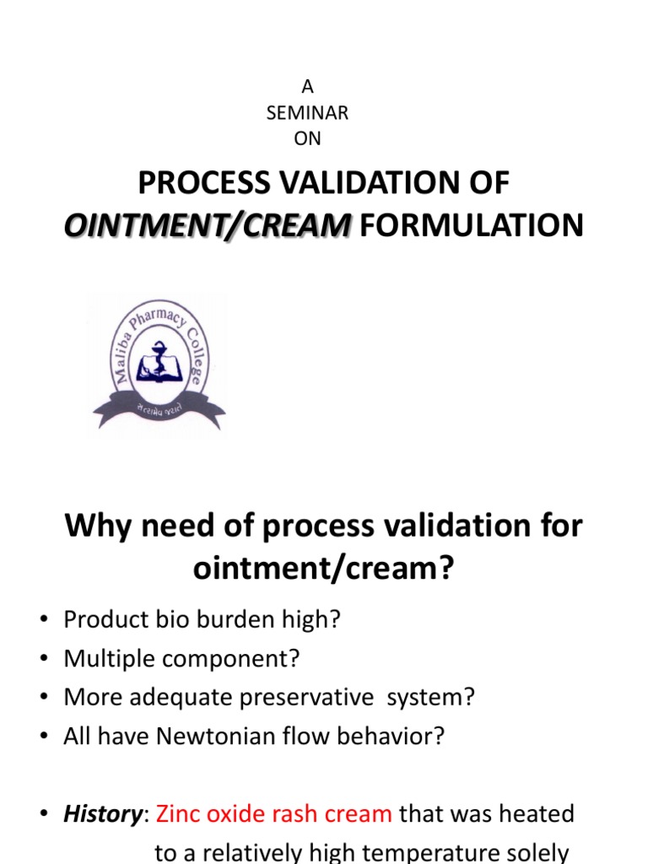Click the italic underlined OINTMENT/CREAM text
point(208,226)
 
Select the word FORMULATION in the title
point(471,226)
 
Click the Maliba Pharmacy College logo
point(159,361)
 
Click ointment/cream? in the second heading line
point(324,569)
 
